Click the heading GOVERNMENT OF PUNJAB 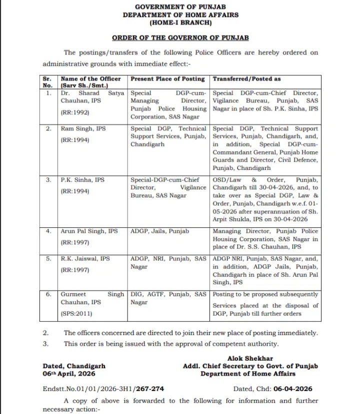[180, 6]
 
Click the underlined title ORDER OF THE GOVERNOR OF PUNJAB [180, 37]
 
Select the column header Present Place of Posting [167, 79]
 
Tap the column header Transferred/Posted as [246, 79]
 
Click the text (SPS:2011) [76, 314]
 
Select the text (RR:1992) [75, 113]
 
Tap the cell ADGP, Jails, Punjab [160, 231]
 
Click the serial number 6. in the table [48, 294]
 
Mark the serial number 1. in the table [48, 93]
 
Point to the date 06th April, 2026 [69, 374]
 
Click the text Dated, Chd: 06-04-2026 [272, 389]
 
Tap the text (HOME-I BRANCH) [180, 23]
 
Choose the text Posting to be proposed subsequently [265, 294]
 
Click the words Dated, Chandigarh [74, 366]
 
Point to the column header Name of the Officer [90, 79]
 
